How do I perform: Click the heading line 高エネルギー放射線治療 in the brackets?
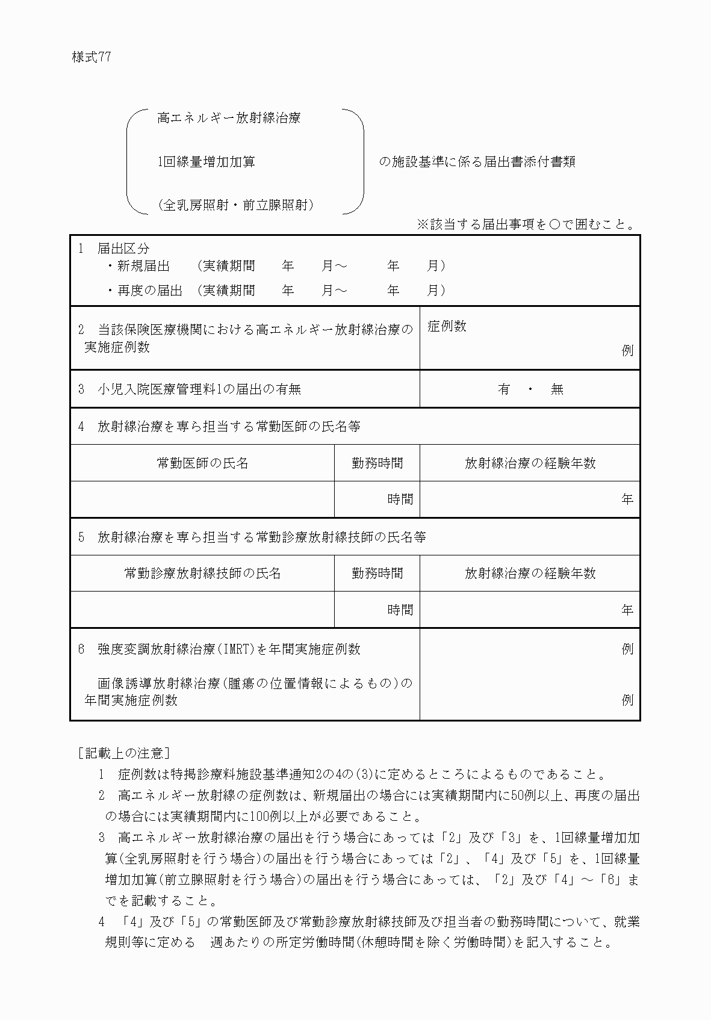[x=229, y=118]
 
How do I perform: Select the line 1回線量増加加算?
[x=206, y=162]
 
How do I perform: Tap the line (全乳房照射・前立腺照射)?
[x=236, y=205]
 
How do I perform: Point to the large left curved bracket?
[x=134, y=161]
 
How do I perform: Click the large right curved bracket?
[x=356, y=161]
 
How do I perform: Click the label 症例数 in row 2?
[x=447, y=326]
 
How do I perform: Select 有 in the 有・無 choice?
[x=504, y=389]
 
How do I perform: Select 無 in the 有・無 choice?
[x=557, y=389]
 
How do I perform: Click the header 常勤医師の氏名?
[x=202, y=463]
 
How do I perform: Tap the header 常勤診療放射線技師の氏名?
[x=202, y=573]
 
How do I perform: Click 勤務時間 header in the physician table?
[x=377, y=463]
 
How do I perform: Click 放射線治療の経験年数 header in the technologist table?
[x=530, y=573]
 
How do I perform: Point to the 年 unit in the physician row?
[x=627, y=499]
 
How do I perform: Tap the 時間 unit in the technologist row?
[x=400, y=610]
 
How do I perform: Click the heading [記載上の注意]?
[x=123, y=753]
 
